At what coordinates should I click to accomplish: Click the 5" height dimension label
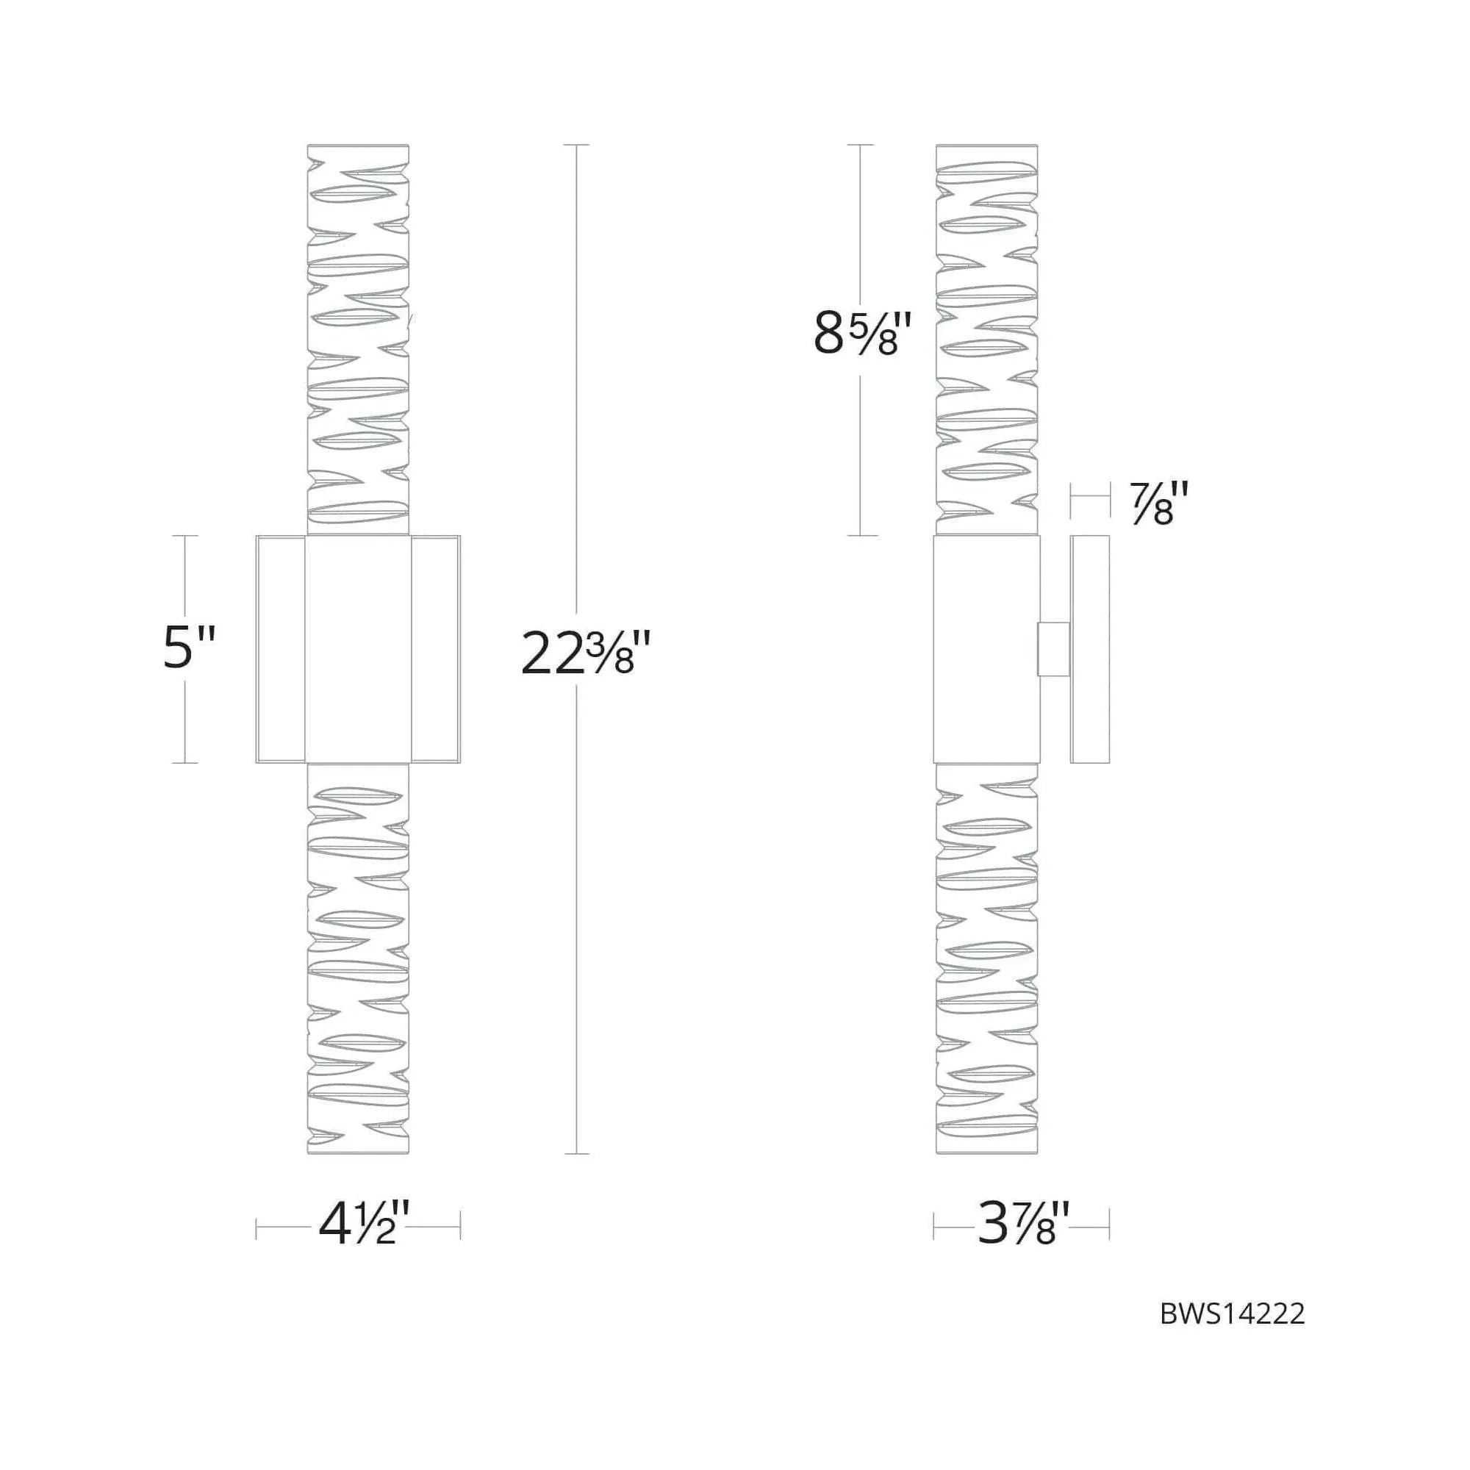[190, 648]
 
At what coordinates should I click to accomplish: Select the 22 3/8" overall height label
[585, 654]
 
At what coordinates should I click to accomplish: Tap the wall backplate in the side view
[1089, 649]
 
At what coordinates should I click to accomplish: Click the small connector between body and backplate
[1054, 648]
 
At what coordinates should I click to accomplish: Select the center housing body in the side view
[986, 649]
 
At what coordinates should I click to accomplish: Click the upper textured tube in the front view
[358, 339]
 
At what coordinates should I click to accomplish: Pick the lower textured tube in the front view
[358, 958]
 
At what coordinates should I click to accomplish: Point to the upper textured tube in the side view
[986, 339]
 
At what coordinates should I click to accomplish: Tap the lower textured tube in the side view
[986, 958]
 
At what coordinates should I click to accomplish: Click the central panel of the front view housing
[358, 649]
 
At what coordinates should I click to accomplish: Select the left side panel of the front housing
[281, 649]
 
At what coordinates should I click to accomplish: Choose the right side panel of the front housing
[435, 649]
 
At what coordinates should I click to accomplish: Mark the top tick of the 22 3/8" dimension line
[577, 146]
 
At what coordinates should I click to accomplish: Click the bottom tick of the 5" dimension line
[185, 762]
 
